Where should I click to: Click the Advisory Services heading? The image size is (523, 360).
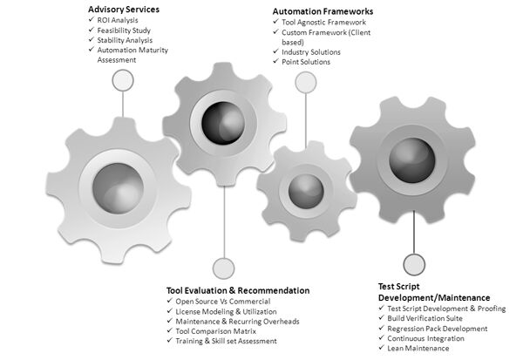tap(123, 10)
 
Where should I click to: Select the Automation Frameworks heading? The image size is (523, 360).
tap(323, 12)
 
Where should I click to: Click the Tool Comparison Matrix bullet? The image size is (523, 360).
tap(217, 331)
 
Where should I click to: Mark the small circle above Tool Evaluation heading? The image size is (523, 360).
tap(224, 268)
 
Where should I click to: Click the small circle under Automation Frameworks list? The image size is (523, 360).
tap(304, 82)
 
